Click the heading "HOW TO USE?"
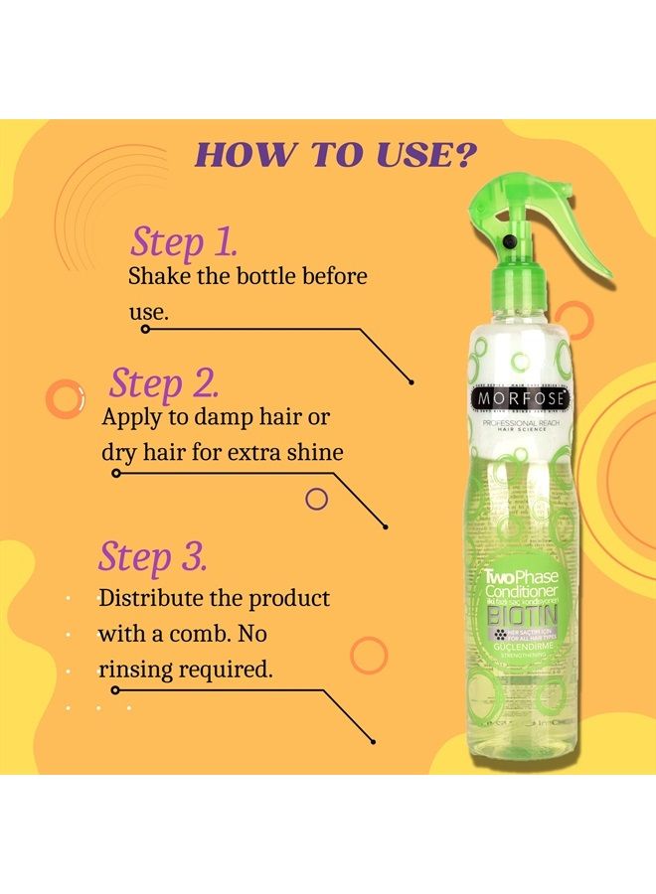[336, 155]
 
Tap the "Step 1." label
[184, 241]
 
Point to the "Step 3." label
[152, 556]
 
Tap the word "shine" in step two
[314, 452]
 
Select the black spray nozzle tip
[509, 241]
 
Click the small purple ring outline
[316, 498]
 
